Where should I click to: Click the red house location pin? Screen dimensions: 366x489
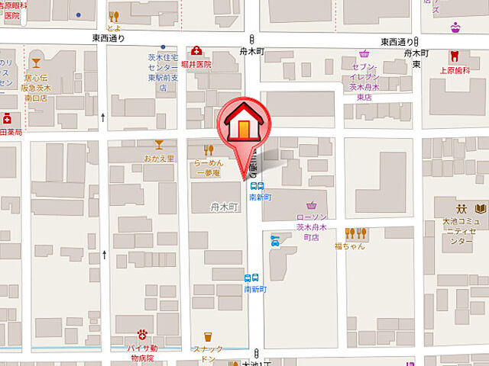(242, 126)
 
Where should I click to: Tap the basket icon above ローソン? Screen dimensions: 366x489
(311, 205)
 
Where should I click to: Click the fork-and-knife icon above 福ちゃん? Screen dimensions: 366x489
(356, 233)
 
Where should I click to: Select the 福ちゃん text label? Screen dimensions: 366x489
(349, 246)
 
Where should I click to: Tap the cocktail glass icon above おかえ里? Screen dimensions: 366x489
(159, 144)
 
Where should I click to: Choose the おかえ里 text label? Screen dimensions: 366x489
(159, 158)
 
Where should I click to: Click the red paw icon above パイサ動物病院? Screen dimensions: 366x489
(142, 333)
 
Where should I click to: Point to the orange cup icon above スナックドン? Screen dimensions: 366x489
(207, 337)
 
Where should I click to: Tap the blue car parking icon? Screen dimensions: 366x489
(275, 241)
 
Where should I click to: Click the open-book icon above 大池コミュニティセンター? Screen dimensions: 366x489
(481, 208)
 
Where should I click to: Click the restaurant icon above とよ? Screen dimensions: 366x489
(114, 17)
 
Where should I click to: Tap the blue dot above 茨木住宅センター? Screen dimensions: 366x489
(164, 46)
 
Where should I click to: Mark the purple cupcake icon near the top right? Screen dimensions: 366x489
(455, 27)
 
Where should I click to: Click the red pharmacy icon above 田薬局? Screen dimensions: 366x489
(7, 118)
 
